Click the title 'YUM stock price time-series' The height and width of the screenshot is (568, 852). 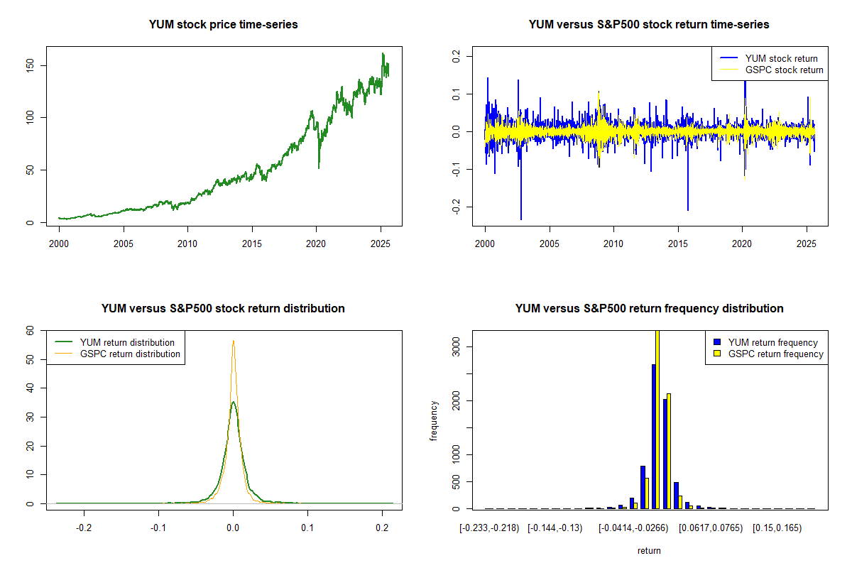tap(223, 25)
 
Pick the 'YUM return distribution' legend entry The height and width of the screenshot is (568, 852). tap(127, 343)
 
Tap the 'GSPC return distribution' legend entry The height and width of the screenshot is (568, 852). tap(130, 354)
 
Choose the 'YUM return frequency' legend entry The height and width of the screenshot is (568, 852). tap(772, 343)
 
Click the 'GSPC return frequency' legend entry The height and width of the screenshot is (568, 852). tap(775, 354)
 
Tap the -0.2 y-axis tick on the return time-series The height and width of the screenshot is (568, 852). tap(457, 207)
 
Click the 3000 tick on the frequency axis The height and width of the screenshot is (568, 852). tap(457, 346)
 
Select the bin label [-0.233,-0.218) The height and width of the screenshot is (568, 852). tap(490, 528)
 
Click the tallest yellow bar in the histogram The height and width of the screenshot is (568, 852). tap(657, 419)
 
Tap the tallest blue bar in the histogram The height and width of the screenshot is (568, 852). tap(653, 436)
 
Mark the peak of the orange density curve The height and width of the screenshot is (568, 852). tap(233, 341)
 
